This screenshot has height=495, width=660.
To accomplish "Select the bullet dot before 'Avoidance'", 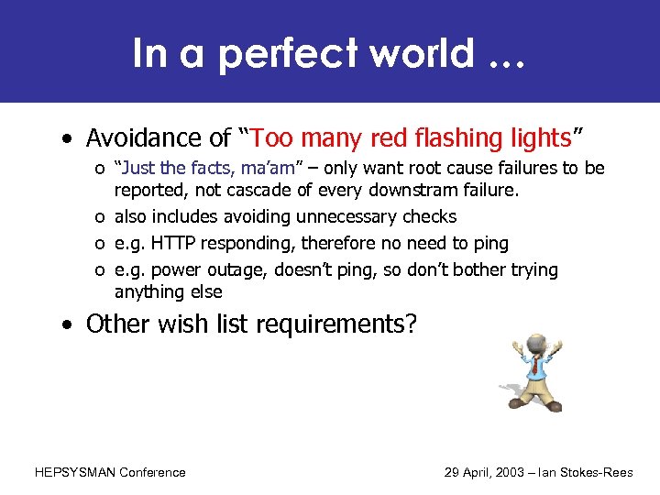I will click(x=68, y=139).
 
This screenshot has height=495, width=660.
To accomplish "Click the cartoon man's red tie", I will click(x=534, y=368).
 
